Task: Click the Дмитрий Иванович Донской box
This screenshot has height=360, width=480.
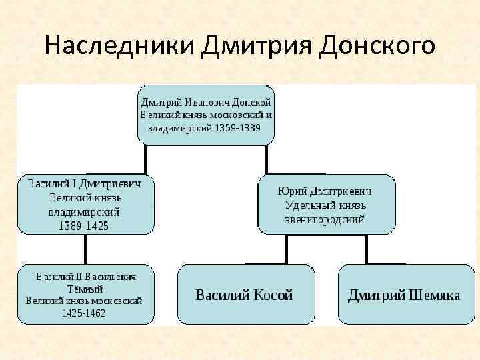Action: pos(206,115)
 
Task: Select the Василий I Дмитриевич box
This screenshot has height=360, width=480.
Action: pos(85,204)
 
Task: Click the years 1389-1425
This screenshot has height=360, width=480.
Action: pos(85,226)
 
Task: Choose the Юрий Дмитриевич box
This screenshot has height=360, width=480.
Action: pos(326,204)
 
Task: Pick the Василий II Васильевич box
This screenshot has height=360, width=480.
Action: pos(85,294)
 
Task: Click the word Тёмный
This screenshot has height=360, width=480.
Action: pos(85,289)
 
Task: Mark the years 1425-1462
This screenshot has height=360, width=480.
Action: pos(84,313)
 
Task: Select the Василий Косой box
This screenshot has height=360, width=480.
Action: pos(245,295)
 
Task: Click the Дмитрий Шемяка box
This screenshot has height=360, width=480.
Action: pos(404,295)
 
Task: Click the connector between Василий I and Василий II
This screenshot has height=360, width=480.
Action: pos(85,249)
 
